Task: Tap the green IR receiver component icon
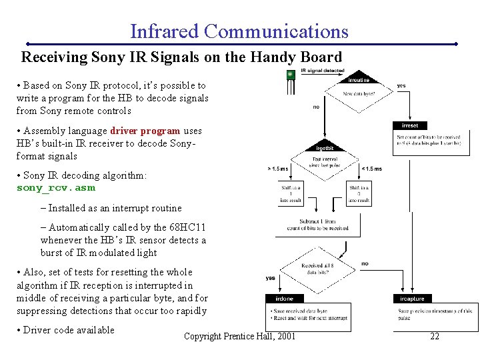tap(290, 75)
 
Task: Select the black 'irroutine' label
tap(359, 80)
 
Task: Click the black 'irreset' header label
tap(410, 125)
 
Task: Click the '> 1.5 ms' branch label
tap(278, 169)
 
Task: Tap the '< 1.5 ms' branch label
tap(371, 169)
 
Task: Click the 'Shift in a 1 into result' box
tap(291, 193)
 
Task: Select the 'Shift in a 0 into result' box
tap(359, 193)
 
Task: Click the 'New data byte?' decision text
tap(359, 94)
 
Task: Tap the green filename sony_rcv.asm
tap(55, 188)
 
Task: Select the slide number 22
tap(434, 336)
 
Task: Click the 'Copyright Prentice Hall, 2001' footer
tap(239, 336)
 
